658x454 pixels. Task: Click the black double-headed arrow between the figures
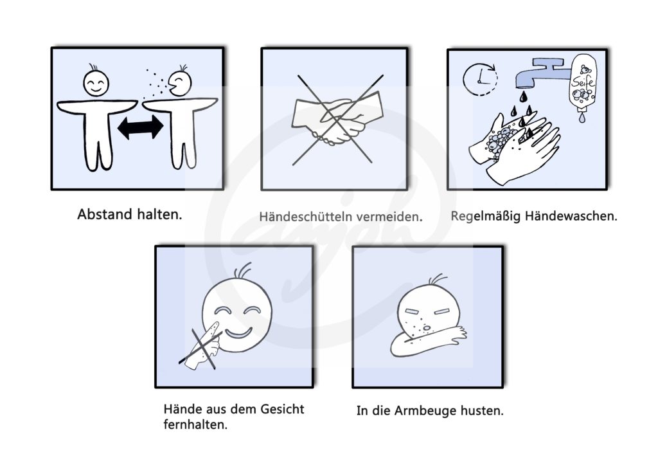(x=140, y=127)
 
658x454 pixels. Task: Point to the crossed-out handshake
(x=337, y=119)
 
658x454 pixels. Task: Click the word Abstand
(x=105, y=214)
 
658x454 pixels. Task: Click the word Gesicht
(x=282, y=408)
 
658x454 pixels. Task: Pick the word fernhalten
(x=195, y=424)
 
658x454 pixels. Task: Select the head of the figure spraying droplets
(x=180, y=82)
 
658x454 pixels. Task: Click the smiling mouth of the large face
(x=238, y=333)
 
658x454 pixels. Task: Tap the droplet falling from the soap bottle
(x=582, y=118)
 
